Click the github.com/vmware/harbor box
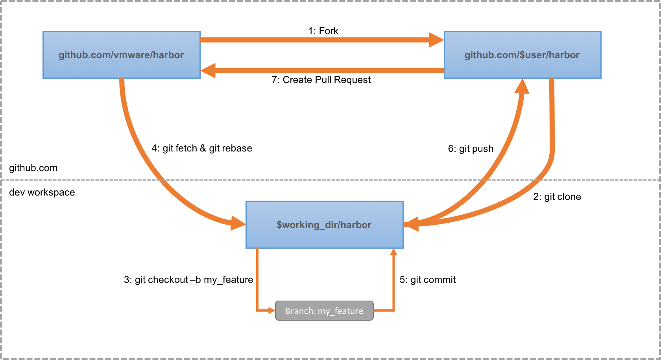point(122,55)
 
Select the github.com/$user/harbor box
point(523,55)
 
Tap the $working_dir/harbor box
point(325,225)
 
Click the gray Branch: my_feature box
point(324,311)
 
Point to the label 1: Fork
point(323,31)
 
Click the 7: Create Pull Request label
point(321,79)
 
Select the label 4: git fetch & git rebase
point(202,148)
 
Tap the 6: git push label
point(471,148)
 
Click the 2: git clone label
point(557,197)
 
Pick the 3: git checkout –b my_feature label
point(188,279)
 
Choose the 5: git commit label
point(428,279)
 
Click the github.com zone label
point(33,168)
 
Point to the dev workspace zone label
point(42,192)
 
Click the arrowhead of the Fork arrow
point(436,40)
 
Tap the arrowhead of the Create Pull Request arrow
point(208,70)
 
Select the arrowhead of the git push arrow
point(523,86)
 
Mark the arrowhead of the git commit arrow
point(393,252)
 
